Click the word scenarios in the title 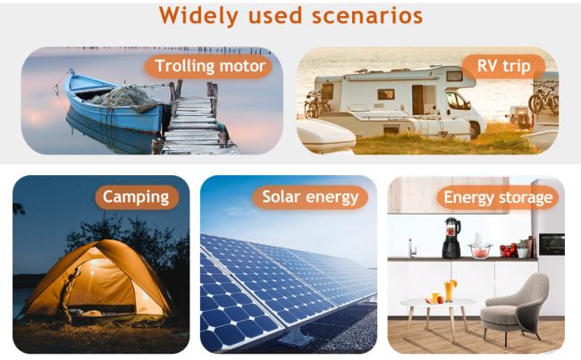coord(367,16)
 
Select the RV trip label coord(503,66)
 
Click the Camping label coord(137,197)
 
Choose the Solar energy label coord(310,197)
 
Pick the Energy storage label coord(498,197)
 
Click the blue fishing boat coord(113,104)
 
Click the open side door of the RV coord(417,100)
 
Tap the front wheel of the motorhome coord(475,130)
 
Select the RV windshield coord(457,100)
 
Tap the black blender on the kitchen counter coord(451,238)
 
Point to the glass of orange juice coord(449,290)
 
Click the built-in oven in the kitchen coord(552,245)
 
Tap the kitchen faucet coord(412,248)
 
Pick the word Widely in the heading coord(198,16)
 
